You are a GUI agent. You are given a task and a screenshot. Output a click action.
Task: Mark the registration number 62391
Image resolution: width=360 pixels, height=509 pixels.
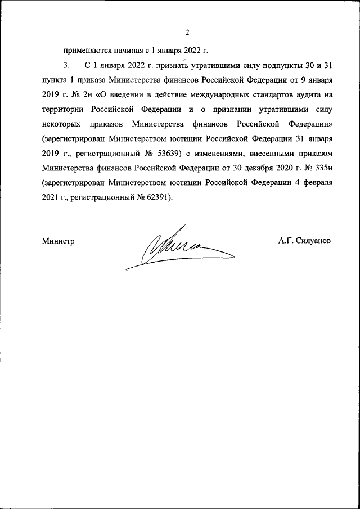160,196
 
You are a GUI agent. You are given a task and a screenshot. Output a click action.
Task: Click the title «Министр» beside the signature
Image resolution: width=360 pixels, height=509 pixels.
58,241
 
